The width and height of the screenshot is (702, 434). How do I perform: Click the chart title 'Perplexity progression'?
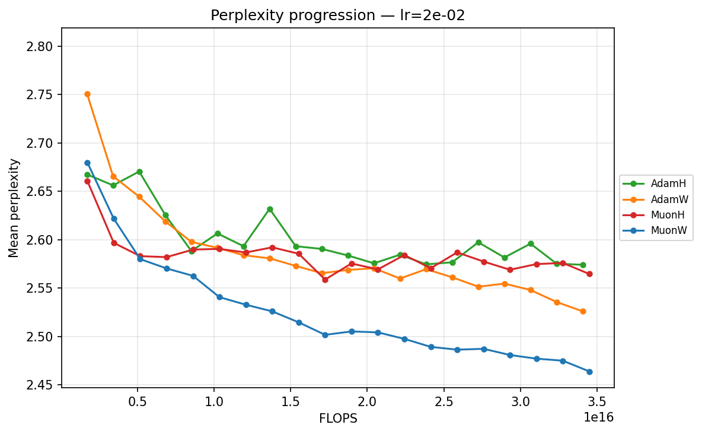[337, 15]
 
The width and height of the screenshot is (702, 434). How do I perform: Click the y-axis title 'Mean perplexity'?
[14, 208]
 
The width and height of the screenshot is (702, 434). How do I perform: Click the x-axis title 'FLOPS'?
[338, 419]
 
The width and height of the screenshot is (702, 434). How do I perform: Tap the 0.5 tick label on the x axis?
[138, 401]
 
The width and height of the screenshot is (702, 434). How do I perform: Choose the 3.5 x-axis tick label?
[597, 401]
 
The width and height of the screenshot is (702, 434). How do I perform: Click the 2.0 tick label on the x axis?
[367, 401]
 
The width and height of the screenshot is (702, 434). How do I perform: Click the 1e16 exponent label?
[599, 417]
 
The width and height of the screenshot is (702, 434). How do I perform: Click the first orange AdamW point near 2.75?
[87, 94]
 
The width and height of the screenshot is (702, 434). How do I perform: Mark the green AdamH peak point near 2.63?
[270, 209]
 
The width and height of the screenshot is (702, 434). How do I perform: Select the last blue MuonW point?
[589, 372]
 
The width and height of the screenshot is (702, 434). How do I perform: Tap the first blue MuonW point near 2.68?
[87, 163]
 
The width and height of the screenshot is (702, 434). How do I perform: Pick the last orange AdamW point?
[583, 311]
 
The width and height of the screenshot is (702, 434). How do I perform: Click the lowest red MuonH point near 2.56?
[325, 280]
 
